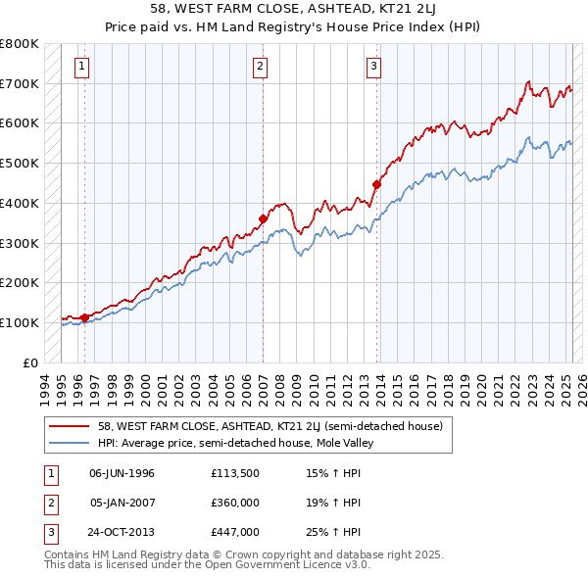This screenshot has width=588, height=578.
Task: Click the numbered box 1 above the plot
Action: click(80, 67)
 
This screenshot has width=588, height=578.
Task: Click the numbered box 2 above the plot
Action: click(260, 67)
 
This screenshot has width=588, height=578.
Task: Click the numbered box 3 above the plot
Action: click(374, 67)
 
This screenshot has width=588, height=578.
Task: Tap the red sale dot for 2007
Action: click(264, 218)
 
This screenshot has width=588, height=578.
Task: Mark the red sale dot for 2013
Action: click(377, 183)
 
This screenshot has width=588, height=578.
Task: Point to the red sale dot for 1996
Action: click(85, 316)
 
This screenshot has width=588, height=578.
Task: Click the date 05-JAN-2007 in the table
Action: click(122, 503)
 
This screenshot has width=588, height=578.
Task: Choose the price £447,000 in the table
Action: click(233, 533)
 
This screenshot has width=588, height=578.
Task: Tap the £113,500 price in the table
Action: click(233, 472)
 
